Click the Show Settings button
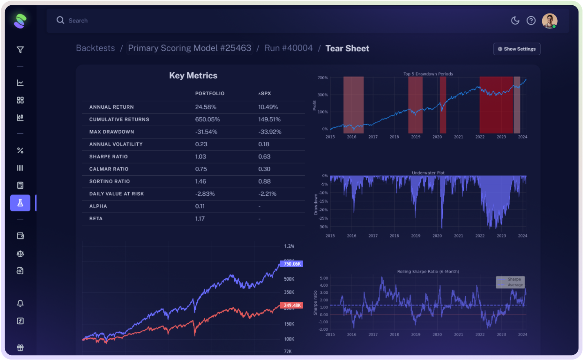point(516,49)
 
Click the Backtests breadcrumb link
point(95,48)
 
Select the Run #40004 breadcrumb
point(288,48)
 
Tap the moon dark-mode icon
point(515,20)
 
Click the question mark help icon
point(531,20)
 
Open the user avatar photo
point(549,21)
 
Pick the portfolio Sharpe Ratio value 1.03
point(201,157)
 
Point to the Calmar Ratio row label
point(109,169)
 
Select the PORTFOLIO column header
point(210,94)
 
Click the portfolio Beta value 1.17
point(200,219)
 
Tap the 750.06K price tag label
point(292,264)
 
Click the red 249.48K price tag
point(292,305)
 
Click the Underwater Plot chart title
point(428,173)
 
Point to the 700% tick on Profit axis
point(323,78)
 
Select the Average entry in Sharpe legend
point(515,285)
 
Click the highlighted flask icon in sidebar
point(20,203)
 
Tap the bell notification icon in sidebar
point(20,303)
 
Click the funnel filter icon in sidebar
point(20,50)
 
